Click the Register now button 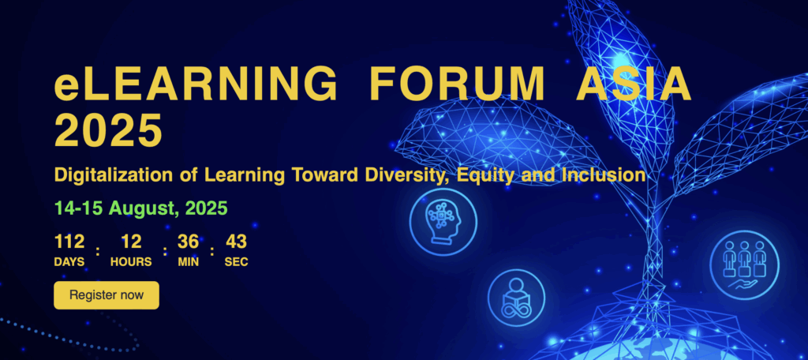[x=107, y=295]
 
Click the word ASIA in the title [x=634, y=84]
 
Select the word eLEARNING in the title [x=196, y=84]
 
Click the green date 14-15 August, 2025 [x=140, y=208]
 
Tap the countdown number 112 [x=69, y=242]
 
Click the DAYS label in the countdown [x=69, y=262]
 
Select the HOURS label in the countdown [x=131, y=262]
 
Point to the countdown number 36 [x=188, y=242]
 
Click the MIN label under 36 [x=188, y=262]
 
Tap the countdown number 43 [x=236, y=242]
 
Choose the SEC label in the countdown [x=236, y=262]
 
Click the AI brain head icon [x=443, y=223]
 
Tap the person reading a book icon [x=516, y=298]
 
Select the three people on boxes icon [x=744, y=265]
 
